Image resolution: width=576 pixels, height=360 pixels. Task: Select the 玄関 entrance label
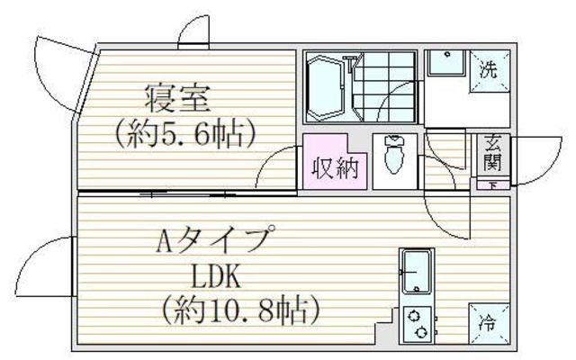click(493, 155)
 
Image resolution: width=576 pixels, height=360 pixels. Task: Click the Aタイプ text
click(214, 241)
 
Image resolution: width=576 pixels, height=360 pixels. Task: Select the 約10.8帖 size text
click(241, 311)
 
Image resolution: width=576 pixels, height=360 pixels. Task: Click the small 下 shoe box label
click(493, 185)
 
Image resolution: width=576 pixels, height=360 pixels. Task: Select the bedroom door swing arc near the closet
click(276, 169)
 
